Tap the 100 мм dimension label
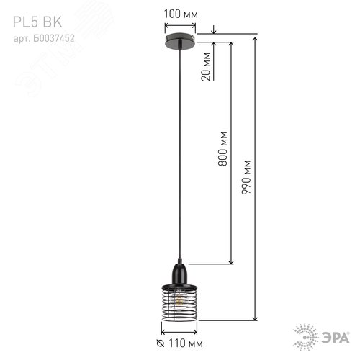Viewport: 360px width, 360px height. point(179,14)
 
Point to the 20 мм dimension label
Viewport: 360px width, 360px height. point(206,67)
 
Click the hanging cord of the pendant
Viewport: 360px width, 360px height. point(179,144)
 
